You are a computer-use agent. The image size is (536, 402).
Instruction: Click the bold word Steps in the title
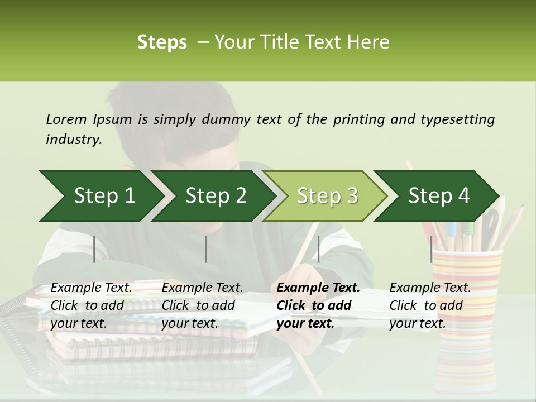(x=162, y=42)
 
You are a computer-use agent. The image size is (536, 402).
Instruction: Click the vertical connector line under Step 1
(x=94, y=249)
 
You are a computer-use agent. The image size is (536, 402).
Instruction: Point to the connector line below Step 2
(x=206, y=249)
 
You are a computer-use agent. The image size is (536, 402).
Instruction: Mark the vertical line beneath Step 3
(x=318, y=249)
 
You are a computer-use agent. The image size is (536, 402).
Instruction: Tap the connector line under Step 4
(x=432, y=249)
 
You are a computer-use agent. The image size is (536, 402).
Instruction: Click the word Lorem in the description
(x=66, y=119)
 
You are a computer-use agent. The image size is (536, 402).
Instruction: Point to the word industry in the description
(x=74, y=140)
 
